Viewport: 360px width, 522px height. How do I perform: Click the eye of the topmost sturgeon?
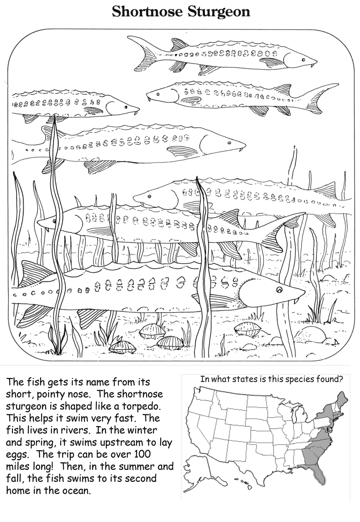coord(303,60)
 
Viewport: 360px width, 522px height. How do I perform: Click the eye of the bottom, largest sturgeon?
coord(279,290)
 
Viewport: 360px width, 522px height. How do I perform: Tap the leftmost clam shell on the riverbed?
coord(122,346)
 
